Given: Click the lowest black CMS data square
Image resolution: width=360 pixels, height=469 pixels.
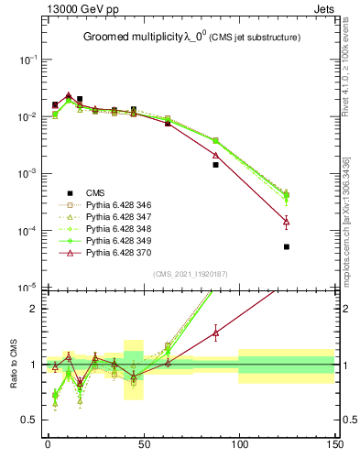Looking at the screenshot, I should click(287, 247).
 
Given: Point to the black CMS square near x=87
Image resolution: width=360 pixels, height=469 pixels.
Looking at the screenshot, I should click(215, 165).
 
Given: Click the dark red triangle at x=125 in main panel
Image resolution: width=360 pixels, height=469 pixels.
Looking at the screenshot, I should click(287, 222).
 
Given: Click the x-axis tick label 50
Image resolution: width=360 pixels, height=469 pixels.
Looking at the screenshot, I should click(143, 444).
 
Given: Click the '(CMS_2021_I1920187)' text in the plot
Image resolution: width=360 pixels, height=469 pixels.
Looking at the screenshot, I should click(191, 274).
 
